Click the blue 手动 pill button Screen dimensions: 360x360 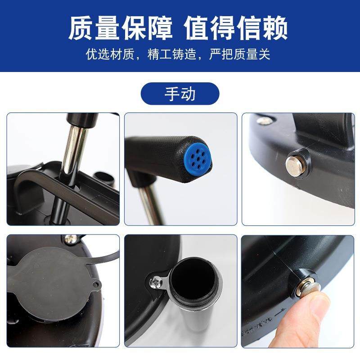pos(180,94)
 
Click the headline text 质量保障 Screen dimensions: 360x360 pos(120,29)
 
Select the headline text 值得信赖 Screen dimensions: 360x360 pos(236,29)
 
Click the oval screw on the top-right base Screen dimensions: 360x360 pos(265,121)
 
